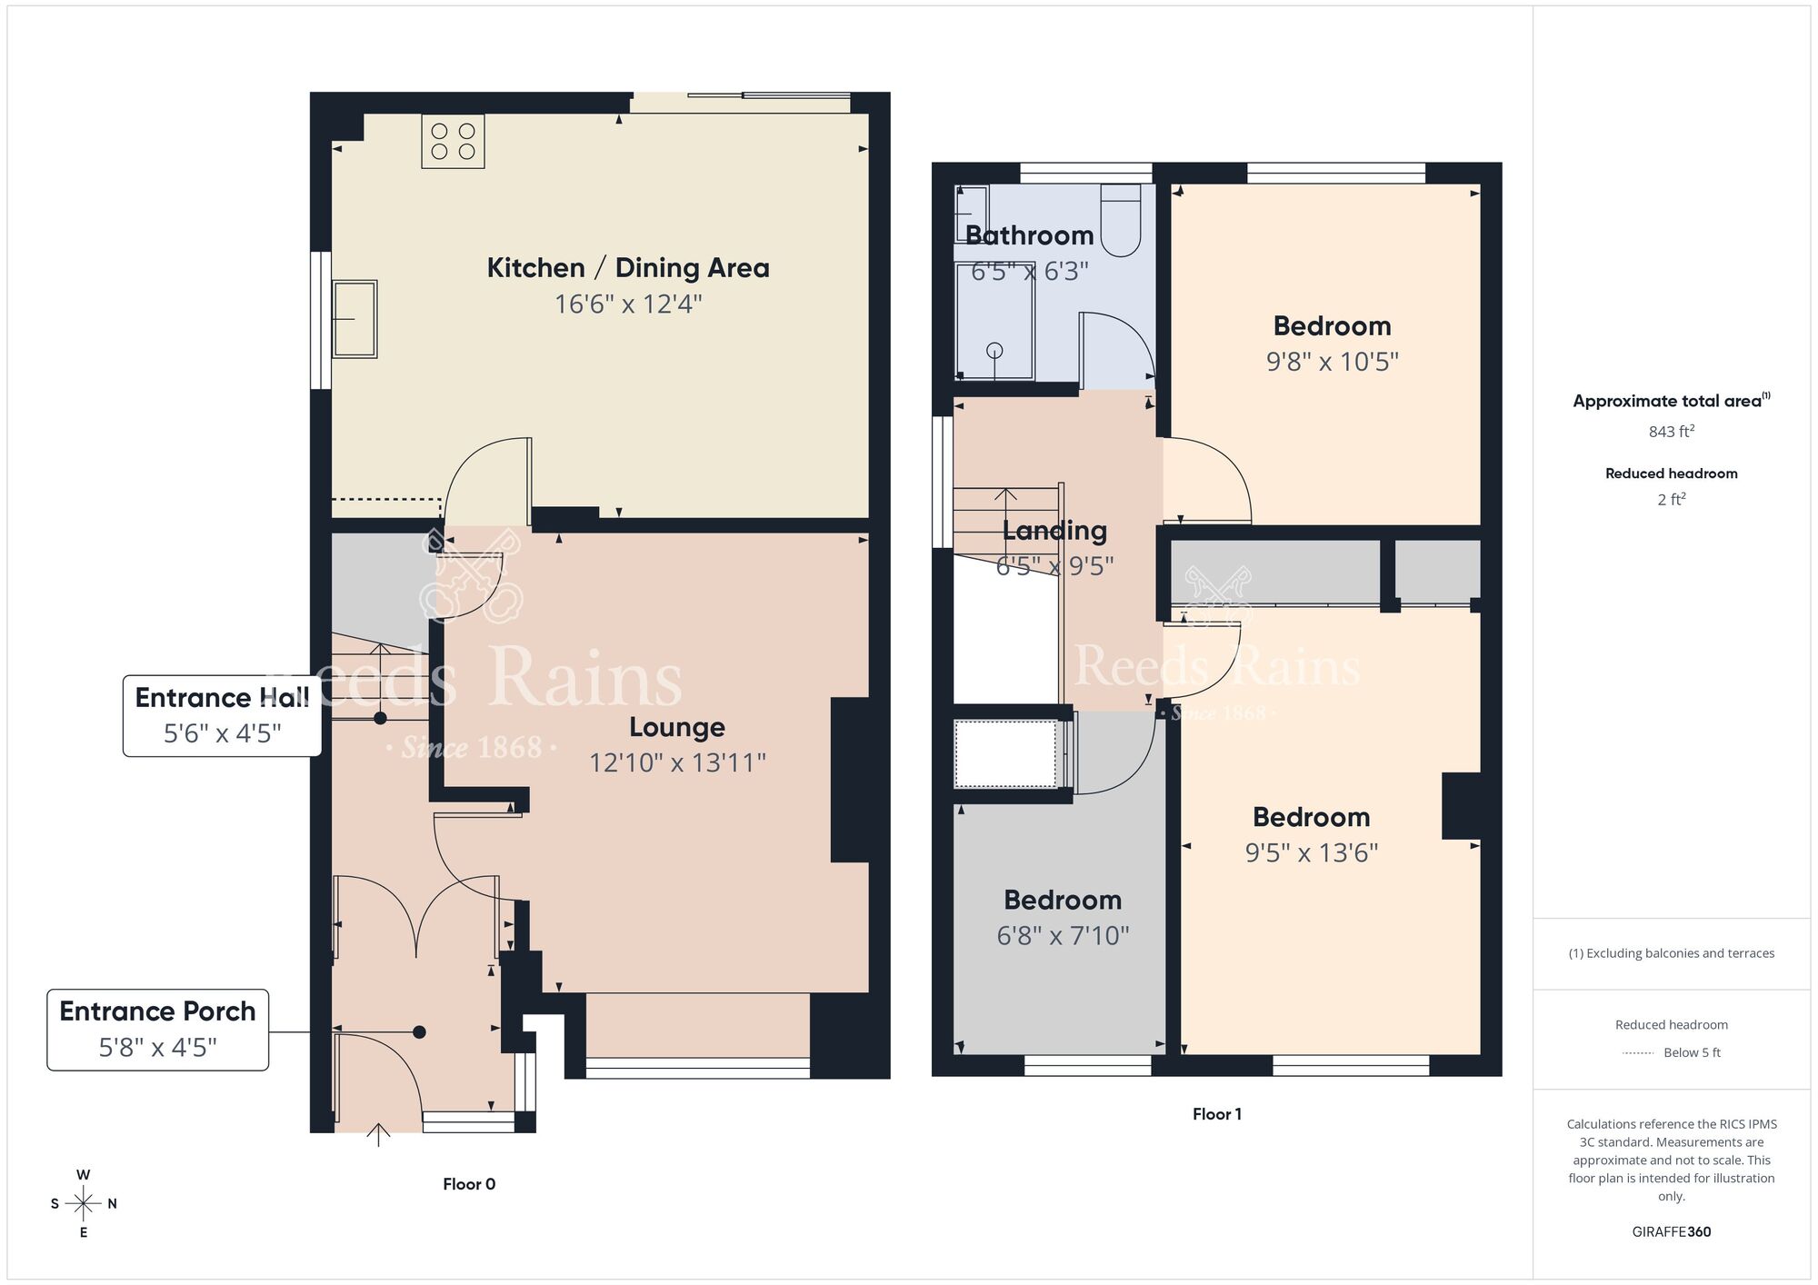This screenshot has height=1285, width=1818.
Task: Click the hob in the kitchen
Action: (453, 141)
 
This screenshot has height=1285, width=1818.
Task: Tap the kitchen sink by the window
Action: (354, 319)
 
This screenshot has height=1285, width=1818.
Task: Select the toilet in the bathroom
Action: (1120, 222)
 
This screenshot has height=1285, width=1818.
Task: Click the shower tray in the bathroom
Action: (994, 321)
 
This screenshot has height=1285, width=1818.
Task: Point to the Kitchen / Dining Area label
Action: (628, 268)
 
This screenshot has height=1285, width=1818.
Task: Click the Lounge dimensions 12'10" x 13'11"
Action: (677, 762)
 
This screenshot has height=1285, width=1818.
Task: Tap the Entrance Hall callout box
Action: (222, 715)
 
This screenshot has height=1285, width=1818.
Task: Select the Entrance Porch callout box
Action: (157, 1030)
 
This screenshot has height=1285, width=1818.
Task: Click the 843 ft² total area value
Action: (1671, 432)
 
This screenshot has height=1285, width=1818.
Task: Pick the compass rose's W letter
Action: (84, 1175)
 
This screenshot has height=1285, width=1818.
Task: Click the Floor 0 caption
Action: (469, 1184)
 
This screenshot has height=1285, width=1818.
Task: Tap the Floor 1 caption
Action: (1216, 1114)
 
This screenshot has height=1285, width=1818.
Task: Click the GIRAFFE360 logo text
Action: (1671, 1232)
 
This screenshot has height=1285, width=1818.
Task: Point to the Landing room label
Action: (1054, 531)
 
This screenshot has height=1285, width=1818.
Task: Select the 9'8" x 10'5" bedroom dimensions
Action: (1332, 362)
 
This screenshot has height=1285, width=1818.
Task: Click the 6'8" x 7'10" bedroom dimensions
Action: (1063, 936)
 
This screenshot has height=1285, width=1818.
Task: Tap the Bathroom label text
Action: (1029, 235)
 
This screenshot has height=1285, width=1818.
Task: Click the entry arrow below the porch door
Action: (378, 1134)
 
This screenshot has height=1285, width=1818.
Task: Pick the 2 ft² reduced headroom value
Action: (1671, 500)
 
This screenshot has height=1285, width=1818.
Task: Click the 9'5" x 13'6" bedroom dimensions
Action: (1311, 853)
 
